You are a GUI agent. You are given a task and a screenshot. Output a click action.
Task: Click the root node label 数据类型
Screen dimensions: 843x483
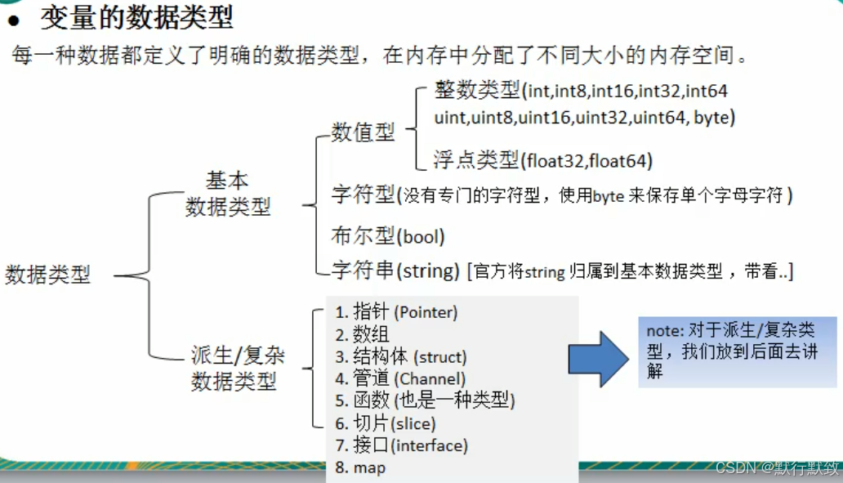click(x=47, y=275)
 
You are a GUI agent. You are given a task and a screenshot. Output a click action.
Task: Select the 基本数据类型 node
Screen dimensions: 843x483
click(x=227, y=194)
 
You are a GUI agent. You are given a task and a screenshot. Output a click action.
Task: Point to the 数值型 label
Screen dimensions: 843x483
click(x=363, y=132)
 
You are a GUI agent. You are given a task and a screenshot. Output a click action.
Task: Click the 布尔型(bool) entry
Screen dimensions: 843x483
click(x=388, y=237)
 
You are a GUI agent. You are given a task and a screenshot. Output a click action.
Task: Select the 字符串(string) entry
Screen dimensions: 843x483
click(x=395, y=270)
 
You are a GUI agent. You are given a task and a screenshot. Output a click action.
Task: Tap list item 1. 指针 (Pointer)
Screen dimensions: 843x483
click(x=396, y=312)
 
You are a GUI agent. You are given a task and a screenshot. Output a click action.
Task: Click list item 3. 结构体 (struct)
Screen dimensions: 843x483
click(x=400, y=357)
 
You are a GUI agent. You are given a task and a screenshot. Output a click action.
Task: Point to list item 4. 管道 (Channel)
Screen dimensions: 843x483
click(x=400, y=379)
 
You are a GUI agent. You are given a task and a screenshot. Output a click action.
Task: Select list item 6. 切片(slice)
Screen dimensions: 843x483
click(x=385, y=423)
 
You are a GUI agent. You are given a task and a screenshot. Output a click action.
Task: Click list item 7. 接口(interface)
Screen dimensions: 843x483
click(x=401, y=445)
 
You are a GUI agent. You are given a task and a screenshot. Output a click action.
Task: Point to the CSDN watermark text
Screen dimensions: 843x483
click(x=777, y=467)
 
